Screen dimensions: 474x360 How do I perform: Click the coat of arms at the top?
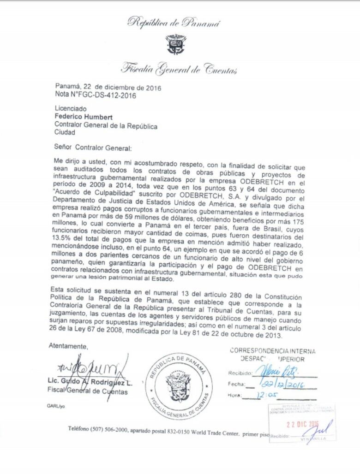175,44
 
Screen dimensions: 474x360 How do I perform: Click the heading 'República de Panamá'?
174,21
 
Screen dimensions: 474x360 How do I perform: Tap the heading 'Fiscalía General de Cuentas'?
179,70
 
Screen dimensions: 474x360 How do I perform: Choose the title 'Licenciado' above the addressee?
71,109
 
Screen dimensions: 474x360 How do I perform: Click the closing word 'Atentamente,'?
67,346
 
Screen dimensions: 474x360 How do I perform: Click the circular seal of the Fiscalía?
179,386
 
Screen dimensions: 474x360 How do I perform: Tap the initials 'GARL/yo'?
56,406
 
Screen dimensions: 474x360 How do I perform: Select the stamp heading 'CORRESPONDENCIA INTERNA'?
274,351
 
